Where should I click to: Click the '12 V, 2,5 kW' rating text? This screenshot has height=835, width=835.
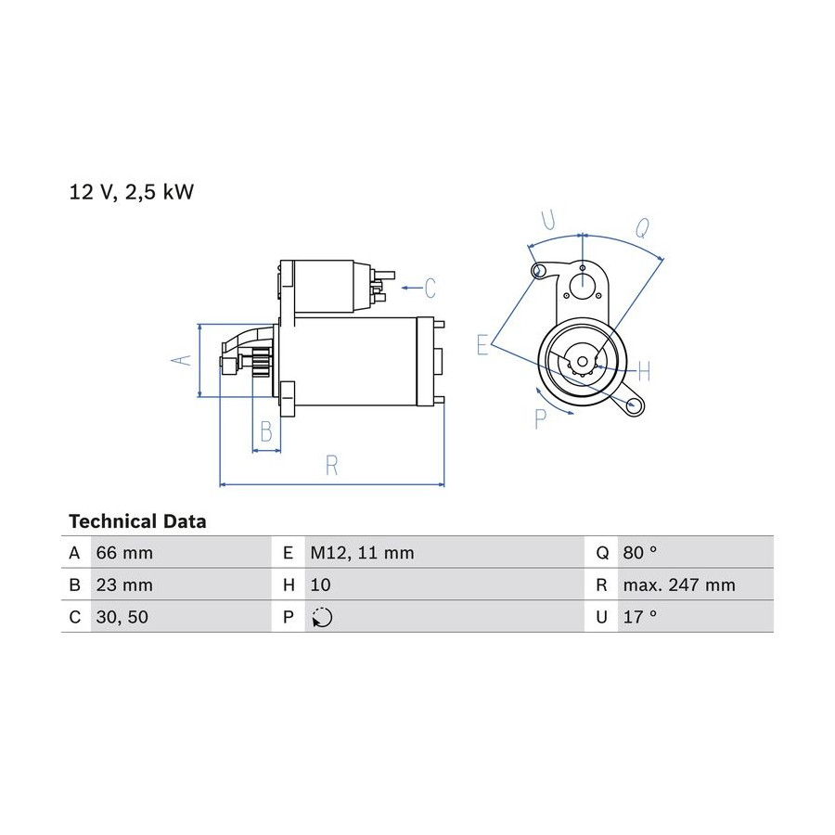pos(131,192)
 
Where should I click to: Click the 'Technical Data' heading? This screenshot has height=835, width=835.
pos(137,520)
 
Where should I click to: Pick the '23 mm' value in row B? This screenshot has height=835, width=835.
pos(124,584)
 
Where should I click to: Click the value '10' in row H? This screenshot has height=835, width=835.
pos(320,584)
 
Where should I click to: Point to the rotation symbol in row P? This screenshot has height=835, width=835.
pos(322,617)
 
